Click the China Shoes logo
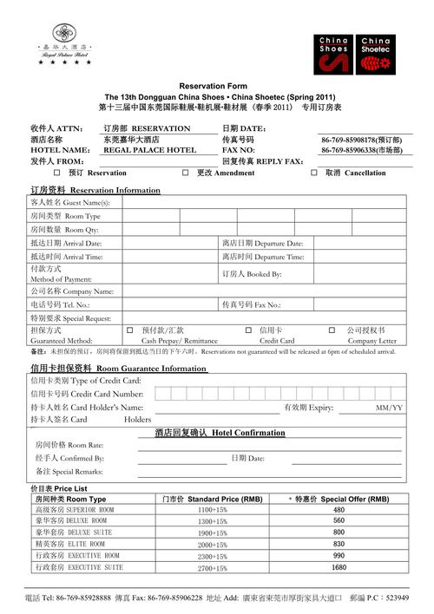click(333, 54)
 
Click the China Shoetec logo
click(375, 54)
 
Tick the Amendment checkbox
click(186, 173)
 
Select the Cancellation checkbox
click(315, 173)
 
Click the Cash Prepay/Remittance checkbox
click(130, 330)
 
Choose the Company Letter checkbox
click(332, 330)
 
